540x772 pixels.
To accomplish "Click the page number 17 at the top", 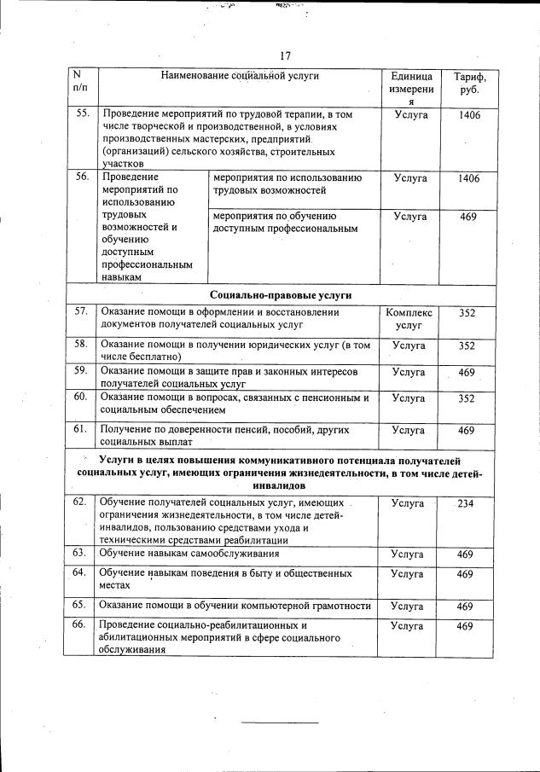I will point(285,56).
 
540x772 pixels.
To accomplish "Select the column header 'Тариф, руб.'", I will point(467,83).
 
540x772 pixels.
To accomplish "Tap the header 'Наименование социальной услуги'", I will point(240,76).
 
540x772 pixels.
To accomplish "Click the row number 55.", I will point(81,113).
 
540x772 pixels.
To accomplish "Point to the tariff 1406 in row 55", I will point(467,113).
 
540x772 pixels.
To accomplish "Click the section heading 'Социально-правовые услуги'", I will point(280,294).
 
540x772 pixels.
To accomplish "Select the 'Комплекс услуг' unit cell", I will point(409,319).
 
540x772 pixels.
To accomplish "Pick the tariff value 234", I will point(466,503).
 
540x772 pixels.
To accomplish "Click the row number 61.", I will point(81,429).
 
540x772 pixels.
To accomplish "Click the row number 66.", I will point(80,625).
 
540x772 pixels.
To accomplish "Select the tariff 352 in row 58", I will point(467,345).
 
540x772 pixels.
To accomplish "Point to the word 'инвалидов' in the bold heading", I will point(280,485).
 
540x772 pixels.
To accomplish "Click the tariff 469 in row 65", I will point(465,606).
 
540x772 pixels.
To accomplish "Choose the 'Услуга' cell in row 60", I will point(408,398).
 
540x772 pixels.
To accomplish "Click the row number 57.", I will point(81,312).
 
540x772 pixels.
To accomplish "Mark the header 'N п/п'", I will point(80,83).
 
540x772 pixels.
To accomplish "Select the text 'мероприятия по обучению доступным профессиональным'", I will point(285,223).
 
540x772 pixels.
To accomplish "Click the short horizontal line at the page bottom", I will point(279,723).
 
